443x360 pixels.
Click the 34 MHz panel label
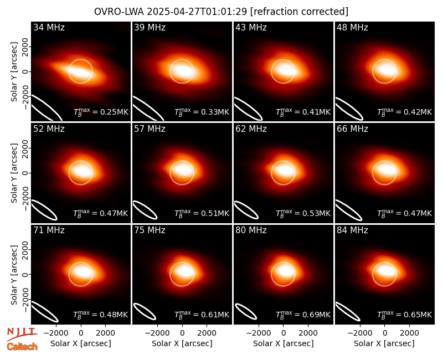49,27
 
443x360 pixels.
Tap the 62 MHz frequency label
251,129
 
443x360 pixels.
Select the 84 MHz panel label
352,230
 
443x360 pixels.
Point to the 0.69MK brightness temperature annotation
303,314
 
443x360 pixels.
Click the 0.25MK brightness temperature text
101,112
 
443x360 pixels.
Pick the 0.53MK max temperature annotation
303,213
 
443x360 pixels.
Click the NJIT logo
22,334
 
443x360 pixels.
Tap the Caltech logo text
22,347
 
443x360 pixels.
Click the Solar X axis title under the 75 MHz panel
182,343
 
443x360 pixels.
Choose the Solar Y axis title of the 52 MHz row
14,173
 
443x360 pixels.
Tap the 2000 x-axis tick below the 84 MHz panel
409,333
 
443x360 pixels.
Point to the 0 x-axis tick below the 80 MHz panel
284,333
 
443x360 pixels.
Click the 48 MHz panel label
352,27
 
